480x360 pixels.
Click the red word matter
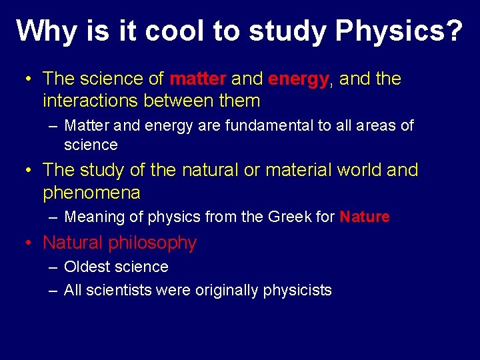pos(198,79)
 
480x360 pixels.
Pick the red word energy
pos(298,79)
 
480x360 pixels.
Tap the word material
pos(298,170)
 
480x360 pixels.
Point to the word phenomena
pos(91,193)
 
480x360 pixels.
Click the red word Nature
pos(365,217)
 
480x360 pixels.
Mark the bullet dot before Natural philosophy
pos(29,243)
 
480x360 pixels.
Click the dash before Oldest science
pos(53,267)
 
